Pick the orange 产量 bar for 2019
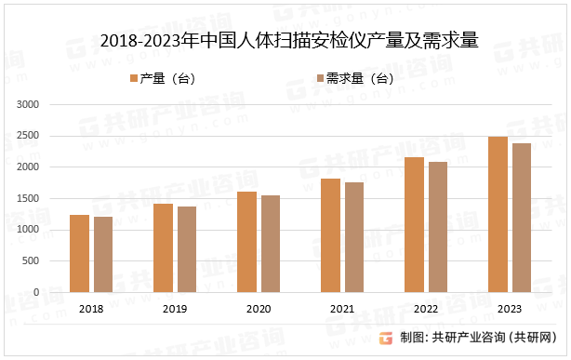163,247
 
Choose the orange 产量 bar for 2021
330,234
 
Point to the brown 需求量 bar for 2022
438,227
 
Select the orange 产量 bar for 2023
498,214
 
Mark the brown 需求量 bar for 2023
522,218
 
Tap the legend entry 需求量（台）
356,78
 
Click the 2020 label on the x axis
259,308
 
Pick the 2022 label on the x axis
426,308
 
